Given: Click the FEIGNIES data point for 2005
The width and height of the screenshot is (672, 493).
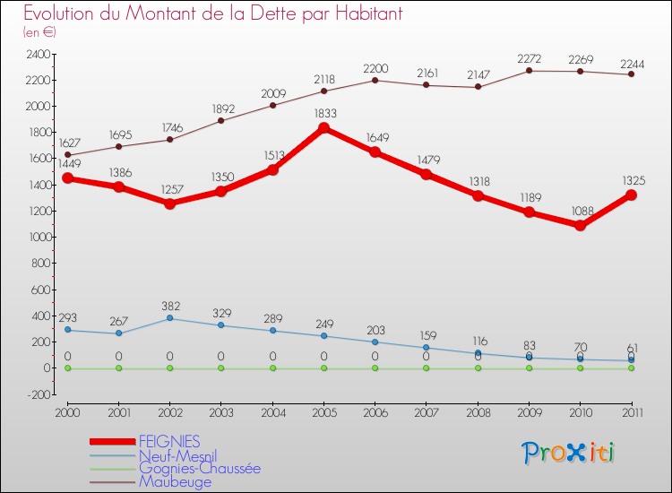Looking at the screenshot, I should point(323,128).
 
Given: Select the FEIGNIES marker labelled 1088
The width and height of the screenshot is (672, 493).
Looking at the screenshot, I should point(581,226).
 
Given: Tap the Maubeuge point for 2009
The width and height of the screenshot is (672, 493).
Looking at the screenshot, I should point(529,71).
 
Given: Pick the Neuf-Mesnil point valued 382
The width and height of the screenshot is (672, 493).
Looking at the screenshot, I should point(169,318).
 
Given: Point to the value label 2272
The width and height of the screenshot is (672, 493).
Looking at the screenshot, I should point(529,58).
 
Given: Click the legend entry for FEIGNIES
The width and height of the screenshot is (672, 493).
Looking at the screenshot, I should point(169,441).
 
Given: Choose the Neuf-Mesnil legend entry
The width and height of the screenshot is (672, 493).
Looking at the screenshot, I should point(177,454).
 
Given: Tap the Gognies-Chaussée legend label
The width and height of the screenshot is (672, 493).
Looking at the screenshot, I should point(200,468).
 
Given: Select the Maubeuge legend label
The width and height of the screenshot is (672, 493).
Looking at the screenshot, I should point(176,481).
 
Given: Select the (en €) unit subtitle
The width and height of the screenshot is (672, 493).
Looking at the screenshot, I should point(40,32).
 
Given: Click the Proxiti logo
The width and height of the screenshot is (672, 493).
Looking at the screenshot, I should point(569,453).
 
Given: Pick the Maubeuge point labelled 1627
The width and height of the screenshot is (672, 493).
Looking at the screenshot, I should point(67,154).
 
